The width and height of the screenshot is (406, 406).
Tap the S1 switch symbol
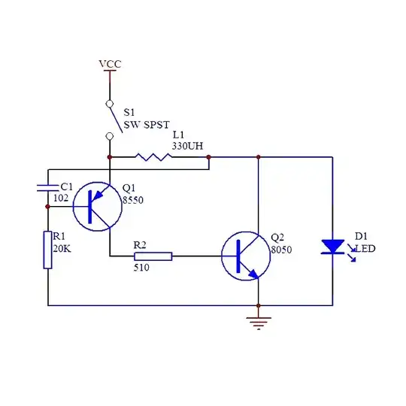[110, 119]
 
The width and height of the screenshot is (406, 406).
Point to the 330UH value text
[188, 144]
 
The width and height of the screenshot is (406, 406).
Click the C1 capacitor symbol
[47, 186]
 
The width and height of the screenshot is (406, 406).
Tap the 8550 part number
[132, 200]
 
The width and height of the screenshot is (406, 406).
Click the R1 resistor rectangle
[47, 250]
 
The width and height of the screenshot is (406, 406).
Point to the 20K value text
[61, 248]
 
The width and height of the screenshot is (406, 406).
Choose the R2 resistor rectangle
[153, 256]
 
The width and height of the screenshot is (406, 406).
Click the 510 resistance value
[141, 267]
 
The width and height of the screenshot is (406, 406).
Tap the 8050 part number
[280, 250]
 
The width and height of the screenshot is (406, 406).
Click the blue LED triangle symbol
[332, 247]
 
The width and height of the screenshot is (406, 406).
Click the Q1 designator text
[129, 188]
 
